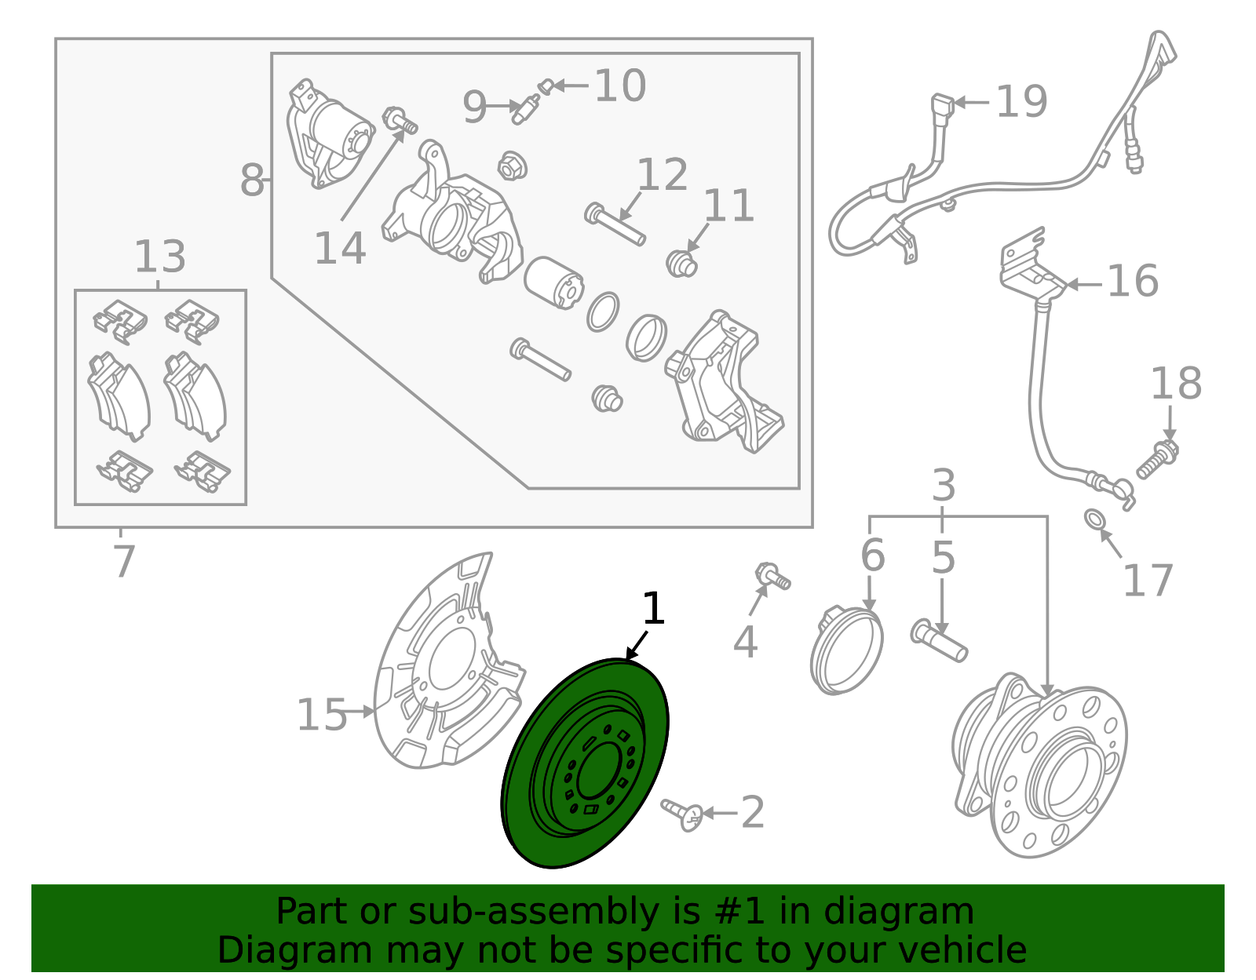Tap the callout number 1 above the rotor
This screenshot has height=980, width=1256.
(653, 609)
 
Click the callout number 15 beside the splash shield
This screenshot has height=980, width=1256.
(321, 716)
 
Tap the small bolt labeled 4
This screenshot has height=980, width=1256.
(772, 577)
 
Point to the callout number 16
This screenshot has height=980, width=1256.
(1132, 281)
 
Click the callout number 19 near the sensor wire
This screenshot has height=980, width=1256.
(1021, 102)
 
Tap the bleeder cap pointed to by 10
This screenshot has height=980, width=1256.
(546, 86)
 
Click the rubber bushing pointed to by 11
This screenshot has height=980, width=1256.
(681, 264)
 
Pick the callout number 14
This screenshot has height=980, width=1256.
(340, 249)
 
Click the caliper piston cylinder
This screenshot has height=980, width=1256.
(553, 282)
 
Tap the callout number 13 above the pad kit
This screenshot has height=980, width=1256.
(160, 257)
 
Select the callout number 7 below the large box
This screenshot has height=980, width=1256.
(124, 562)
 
